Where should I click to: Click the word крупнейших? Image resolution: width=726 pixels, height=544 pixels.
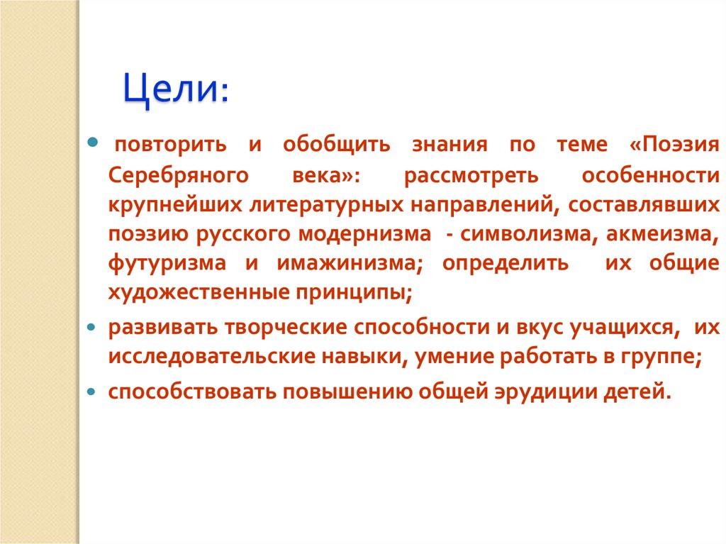(x=173, y=204)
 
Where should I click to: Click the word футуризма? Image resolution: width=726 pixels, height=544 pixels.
(x=168, y=262)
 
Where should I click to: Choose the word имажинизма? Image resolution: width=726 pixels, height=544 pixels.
(x=347, y=262)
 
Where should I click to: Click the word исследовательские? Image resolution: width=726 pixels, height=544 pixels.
(x=203, y=357)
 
